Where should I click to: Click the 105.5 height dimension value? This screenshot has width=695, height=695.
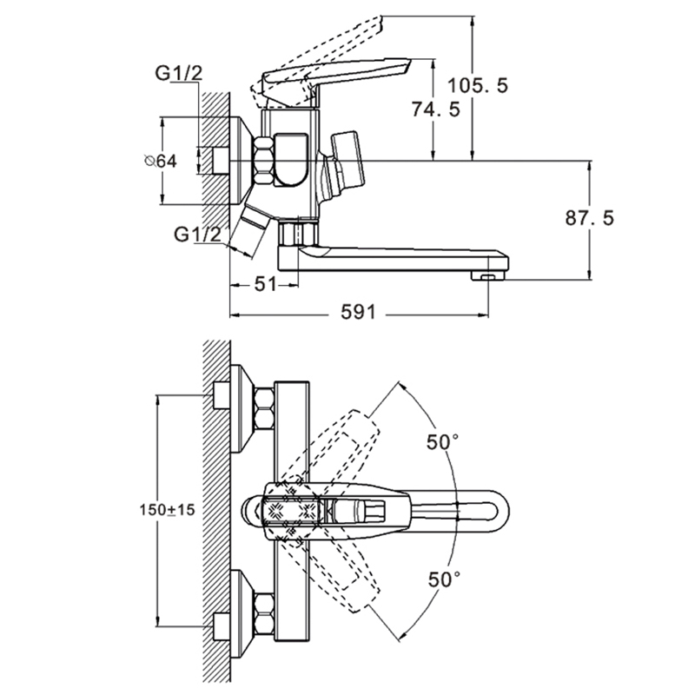point(478,85)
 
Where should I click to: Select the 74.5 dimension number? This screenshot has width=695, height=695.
point(435,111)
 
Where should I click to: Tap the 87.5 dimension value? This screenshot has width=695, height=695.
point(590,218)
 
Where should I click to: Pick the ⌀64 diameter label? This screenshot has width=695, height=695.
point(161,162)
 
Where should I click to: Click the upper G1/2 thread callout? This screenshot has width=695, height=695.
point(179,73)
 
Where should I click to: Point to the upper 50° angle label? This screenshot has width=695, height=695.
point(442,441)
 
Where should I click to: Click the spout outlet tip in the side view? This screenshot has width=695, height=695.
point(487,275)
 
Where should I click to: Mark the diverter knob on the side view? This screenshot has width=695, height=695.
point(344,162)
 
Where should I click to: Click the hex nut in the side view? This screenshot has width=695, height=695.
point(261,161)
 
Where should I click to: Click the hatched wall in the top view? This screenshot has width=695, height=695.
point(215,512)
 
